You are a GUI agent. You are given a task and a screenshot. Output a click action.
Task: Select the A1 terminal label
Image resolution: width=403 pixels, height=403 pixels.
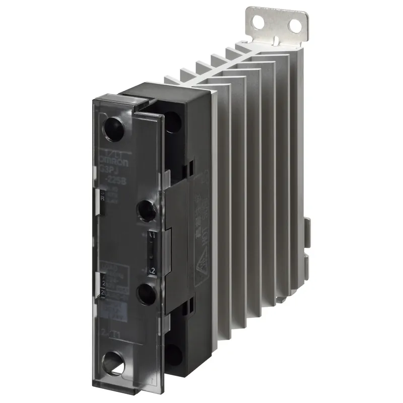[x=152, y=235]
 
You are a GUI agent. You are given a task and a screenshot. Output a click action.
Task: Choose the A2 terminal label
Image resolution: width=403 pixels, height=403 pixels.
[x=151, y=271]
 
